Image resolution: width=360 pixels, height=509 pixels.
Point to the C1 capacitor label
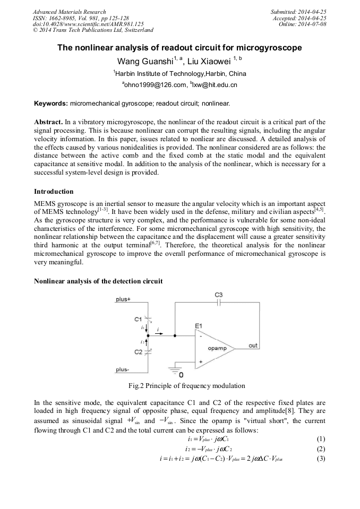coord(138,318)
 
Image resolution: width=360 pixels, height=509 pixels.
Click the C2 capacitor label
coord(138,352)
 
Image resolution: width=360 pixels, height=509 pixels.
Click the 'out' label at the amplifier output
coord(253,346)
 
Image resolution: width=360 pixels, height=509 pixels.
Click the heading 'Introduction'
coord(54,191)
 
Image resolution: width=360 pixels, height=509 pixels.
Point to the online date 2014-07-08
coord(312,24)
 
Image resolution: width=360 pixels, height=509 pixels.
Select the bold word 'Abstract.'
coord(49,122)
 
